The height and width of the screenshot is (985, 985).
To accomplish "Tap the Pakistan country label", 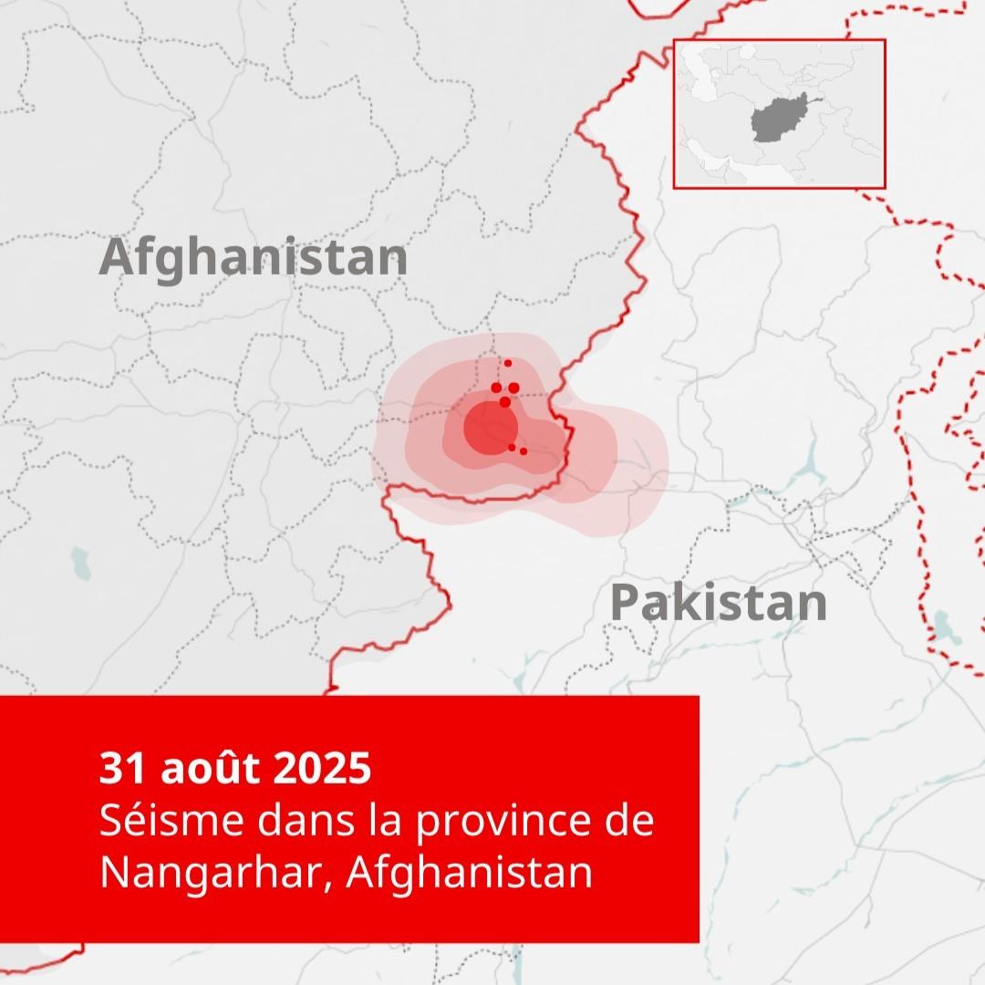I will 719,603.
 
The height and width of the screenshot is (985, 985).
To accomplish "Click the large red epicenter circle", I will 491,427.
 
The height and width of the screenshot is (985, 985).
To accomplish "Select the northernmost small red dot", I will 508,363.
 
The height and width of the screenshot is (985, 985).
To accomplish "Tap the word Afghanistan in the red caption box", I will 470,873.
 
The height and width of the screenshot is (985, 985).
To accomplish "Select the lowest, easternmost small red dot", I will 524,451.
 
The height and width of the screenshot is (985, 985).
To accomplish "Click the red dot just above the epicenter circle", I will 504,401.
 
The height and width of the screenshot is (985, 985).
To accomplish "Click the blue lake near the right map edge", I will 942,627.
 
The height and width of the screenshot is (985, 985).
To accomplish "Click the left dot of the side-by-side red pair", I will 496,388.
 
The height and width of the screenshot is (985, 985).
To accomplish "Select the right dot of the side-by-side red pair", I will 513,388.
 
